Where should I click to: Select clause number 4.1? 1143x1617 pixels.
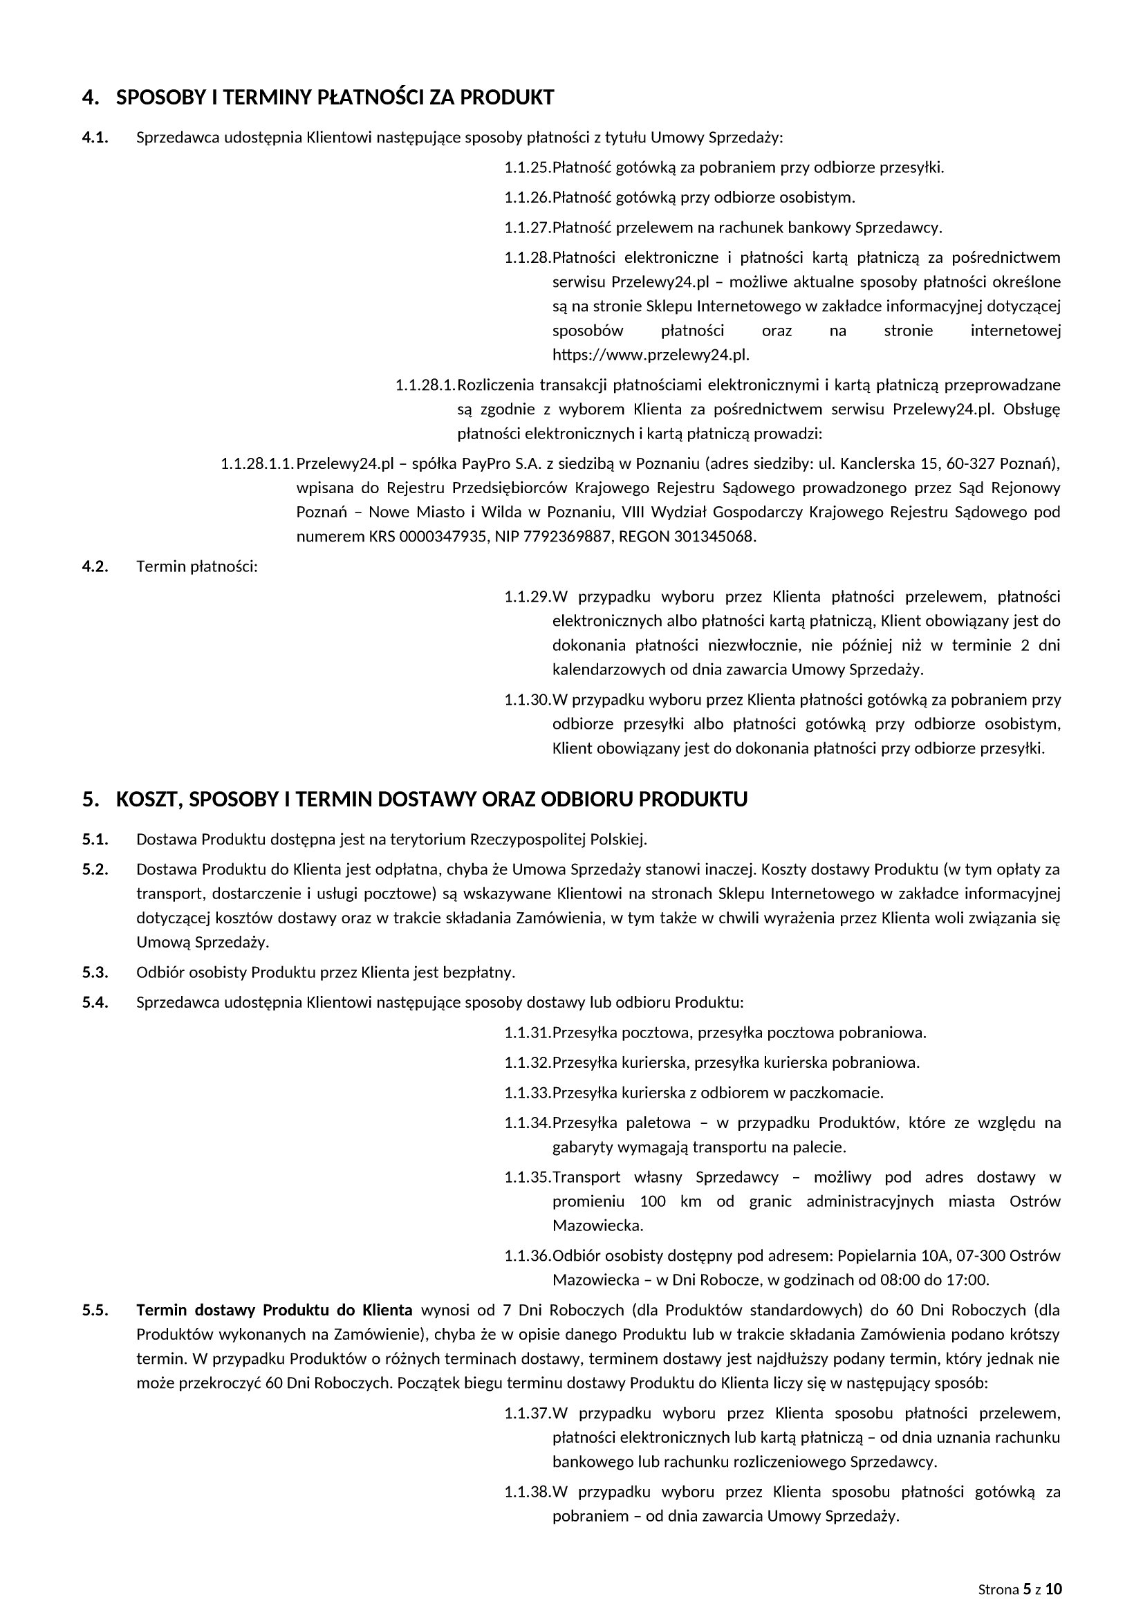coord(95,138)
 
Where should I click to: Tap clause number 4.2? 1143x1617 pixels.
coord(95,566)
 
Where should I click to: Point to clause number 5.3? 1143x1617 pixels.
coord(95,972)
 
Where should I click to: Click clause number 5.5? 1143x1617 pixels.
coord(95,1310)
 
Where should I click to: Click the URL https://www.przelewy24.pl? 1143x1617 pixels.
coord(651,355)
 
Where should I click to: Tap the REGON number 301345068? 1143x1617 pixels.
coord(714,537)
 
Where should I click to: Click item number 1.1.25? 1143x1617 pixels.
coord(527,167)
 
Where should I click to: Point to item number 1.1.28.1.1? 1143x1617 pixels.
coord(257,464)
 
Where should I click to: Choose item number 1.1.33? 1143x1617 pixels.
coord(527,1093)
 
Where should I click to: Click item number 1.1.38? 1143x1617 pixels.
coord(527,1492)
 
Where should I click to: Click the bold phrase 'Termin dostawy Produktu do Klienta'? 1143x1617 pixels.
coord(274,1310)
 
